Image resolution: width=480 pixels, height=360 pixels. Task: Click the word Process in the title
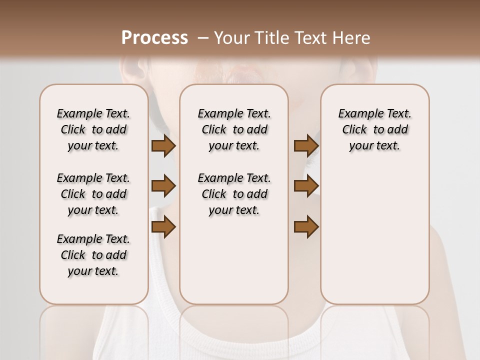154,37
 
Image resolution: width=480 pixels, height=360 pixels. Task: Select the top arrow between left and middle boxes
163,146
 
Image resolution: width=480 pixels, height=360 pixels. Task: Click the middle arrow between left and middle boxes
163,186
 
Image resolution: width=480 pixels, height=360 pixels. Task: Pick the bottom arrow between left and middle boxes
163,227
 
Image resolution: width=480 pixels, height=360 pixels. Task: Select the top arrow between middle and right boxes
306,146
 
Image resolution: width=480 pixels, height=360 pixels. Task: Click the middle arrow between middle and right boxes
306,186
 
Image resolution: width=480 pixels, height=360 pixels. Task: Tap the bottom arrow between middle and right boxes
306,227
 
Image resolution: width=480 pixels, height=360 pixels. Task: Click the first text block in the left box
93,129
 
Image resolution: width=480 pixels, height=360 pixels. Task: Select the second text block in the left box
93,194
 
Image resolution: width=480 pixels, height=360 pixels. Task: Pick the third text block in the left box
93,255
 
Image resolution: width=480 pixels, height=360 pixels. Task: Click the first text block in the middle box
234,129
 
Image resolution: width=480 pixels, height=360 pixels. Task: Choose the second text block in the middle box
234,194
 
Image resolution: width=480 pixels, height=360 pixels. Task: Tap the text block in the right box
375,129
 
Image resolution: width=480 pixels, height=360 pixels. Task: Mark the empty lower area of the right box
375,230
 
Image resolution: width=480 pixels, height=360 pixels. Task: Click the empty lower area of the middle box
234,260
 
